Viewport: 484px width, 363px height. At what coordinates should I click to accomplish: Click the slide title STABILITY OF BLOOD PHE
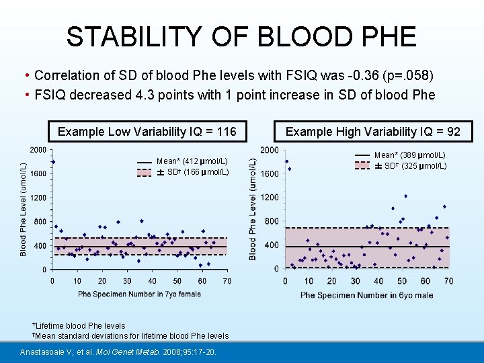coord(241,36)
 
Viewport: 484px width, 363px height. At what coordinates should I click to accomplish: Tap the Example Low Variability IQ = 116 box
coord(147,131)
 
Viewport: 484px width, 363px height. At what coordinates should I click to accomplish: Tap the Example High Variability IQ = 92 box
coord(373,131)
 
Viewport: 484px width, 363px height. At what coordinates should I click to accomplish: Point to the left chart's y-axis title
coord(24,209)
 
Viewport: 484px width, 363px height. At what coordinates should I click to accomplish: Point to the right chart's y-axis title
coord(252,209)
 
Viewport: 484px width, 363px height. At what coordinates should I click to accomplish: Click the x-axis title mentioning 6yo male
coord(367,294)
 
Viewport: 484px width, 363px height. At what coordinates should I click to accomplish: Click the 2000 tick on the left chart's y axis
coord(38,150)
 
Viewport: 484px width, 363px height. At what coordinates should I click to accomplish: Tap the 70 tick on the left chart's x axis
coord(227,280)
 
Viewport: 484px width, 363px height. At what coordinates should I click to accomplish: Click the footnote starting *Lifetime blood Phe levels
coord(79,326)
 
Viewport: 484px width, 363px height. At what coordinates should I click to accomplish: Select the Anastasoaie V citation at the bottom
coord(118,352)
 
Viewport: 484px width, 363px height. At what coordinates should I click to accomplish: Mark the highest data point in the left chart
coord(52,162)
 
